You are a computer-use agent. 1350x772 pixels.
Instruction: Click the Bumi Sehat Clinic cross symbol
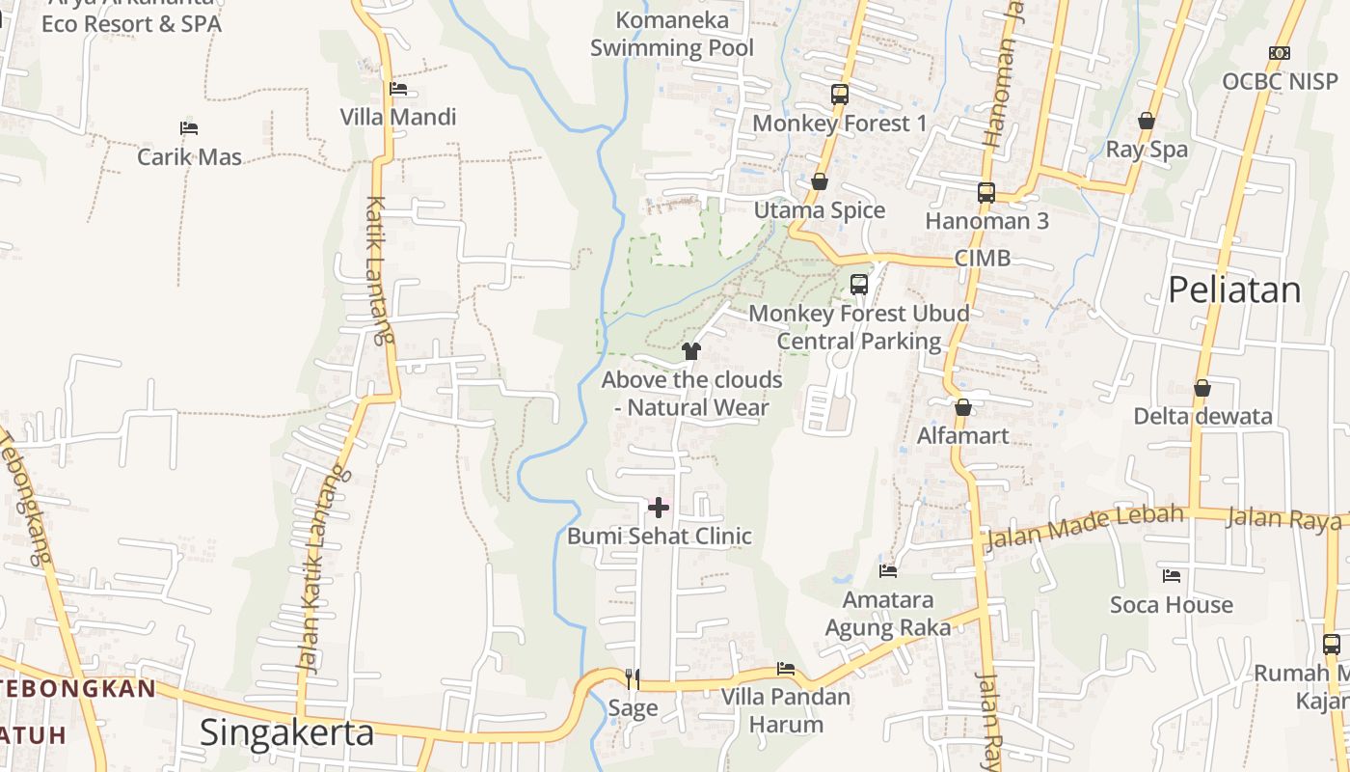pos(659,508)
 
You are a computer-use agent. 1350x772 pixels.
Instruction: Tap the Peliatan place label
pos(1234,289)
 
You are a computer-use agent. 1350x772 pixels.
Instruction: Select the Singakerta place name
pos(286,732)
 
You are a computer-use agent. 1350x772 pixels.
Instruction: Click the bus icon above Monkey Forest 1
pos(840,95)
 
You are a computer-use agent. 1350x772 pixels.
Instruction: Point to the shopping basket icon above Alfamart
pos(962,407)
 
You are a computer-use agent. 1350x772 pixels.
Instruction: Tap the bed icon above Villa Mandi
pos(397,89)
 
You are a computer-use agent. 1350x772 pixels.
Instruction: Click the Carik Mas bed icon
pos(189,128)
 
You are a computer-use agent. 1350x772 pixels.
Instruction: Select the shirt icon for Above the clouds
pos(690,351)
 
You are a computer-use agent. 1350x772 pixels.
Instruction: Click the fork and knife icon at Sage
pos(633,679)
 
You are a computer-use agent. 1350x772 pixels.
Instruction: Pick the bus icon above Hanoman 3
pos(986,192)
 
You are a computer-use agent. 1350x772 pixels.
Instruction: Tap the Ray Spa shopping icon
pos(1147,121)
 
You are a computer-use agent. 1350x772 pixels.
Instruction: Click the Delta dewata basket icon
pos(1202,388)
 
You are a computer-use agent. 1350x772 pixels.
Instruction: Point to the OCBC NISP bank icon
pos(1280,53)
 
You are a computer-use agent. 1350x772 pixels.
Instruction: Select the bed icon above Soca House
pos(1172,576)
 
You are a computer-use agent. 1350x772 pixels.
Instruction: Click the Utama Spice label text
pos(820,210)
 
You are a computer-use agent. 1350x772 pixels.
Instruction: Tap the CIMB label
pos(983,258)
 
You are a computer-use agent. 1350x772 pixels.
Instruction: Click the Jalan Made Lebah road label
pos(1084,527)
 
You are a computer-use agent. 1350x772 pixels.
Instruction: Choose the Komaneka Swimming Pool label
pos(672,34)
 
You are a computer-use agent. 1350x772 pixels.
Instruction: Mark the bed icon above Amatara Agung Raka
pos(888,571)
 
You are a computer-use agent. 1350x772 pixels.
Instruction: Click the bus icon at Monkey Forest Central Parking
pos(859,285)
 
